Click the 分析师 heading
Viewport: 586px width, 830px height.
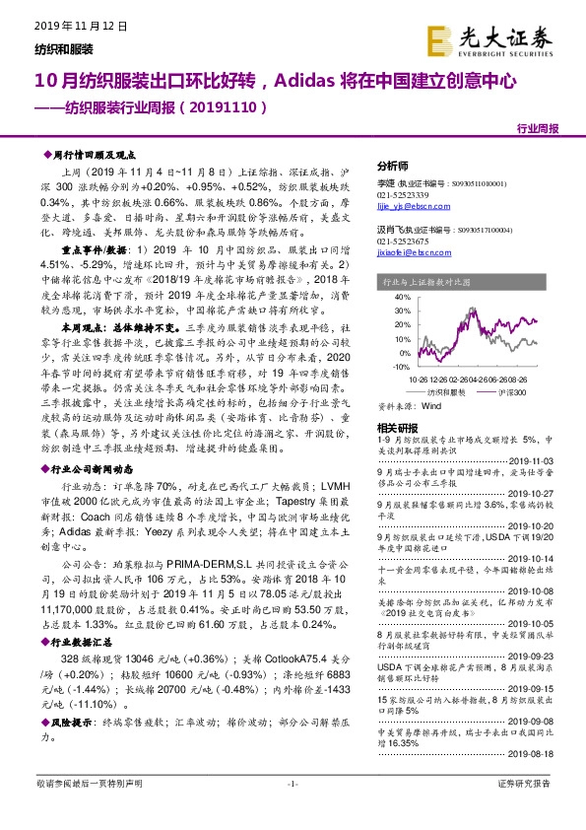click(392, 165)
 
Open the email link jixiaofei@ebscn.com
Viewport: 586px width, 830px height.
click(412, 251)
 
